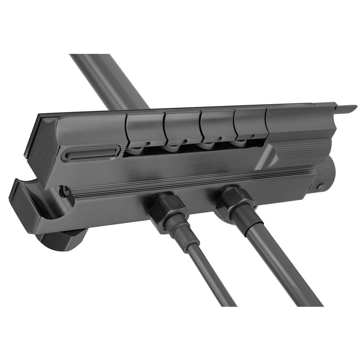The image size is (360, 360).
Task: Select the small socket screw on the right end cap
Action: coord(320,186)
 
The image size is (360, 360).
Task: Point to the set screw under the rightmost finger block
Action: coord(252,136)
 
